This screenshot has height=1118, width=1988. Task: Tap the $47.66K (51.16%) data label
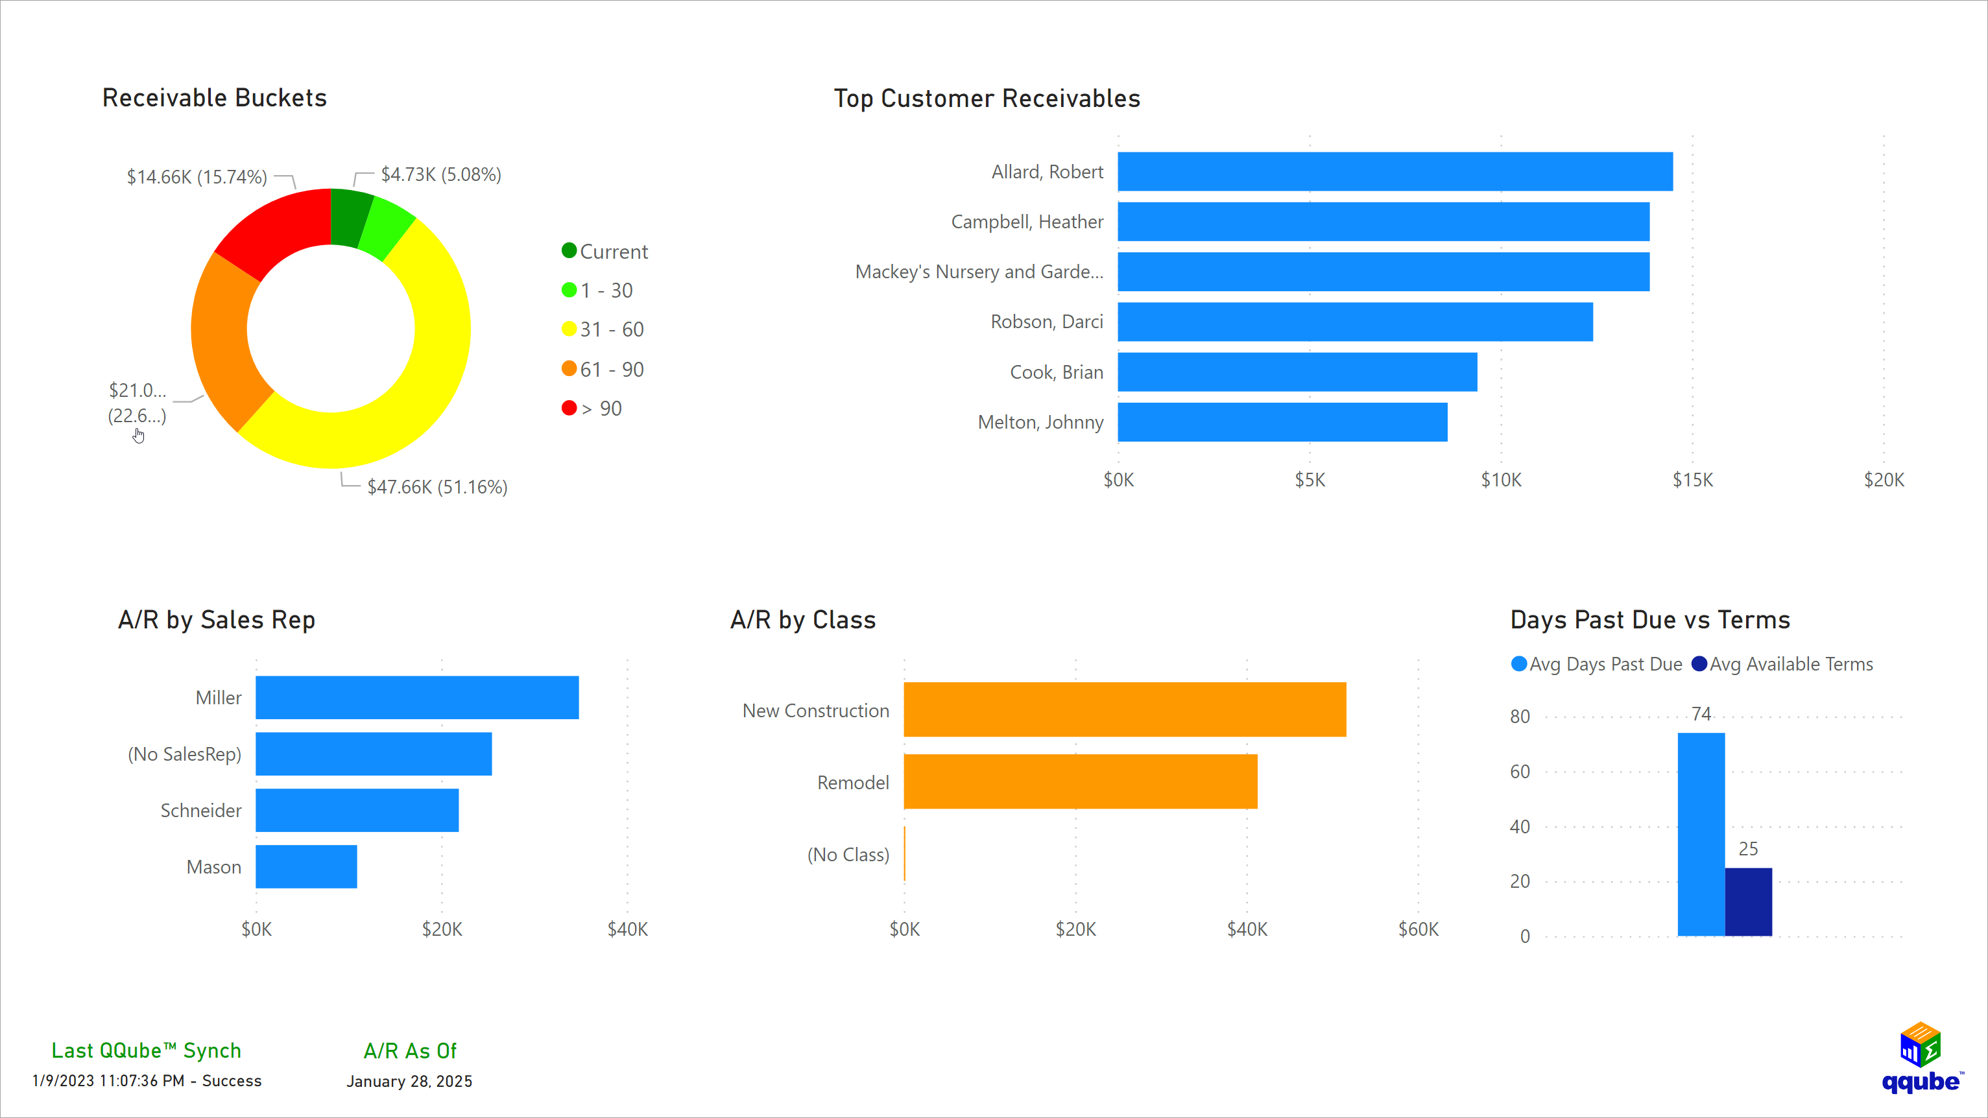[x=437, y=487]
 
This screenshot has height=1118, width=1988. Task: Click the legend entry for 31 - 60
[x=611, y=329]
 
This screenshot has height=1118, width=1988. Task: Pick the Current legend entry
[x=613, y=252]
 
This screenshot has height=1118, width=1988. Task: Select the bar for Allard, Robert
[x=1395, y=171]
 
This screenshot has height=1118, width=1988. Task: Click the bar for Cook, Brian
[x=1297, y=372]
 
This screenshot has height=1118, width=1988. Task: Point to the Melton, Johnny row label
[x=1040, y=422]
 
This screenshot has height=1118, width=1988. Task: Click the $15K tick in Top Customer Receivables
[x=1692, y=480]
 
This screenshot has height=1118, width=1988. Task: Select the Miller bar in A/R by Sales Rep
[x=417, y=698]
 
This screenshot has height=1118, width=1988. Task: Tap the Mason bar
[x=305, y=866]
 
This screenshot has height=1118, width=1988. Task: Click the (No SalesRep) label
[x=184, y=754]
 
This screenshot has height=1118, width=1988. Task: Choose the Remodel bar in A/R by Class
[x=1080, y=781]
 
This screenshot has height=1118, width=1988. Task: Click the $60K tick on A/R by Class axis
[x=1418, y=929]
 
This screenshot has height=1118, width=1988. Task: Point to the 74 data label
[x=1701, y=714]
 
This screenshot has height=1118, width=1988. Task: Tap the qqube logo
[x=1921, y=1058]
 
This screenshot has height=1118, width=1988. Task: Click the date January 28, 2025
[x=409, y=1081]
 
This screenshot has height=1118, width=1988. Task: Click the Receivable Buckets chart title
[x=215, y=98]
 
